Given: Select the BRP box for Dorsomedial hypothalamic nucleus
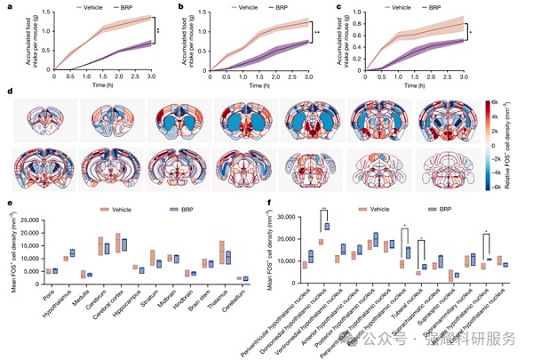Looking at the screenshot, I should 328,226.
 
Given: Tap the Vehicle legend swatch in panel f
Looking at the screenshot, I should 362,210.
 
